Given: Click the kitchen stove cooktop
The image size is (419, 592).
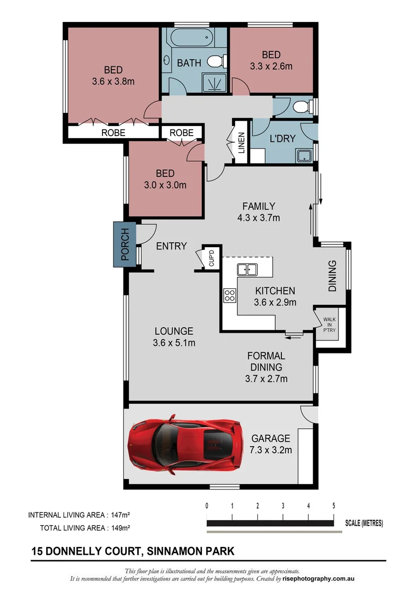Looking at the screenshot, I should (x=229, y=296).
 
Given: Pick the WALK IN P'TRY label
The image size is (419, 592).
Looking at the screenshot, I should (x=329, y=324).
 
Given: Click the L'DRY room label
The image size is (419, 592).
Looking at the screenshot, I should (x=282, y=139).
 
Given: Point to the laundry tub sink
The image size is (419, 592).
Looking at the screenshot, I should (x=304, y=156).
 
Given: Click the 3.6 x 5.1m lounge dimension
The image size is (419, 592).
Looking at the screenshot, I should (x=174, y=343).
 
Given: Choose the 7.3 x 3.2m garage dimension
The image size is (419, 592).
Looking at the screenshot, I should (x=270, y=450).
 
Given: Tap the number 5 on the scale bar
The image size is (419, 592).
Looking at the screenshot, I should (x=333, y=505).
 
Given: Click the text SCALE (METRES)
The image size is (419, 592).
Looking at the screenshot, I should (x=364, y=523).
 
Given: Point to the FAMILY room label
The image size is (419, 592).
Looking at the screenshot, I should (x=259, y=206).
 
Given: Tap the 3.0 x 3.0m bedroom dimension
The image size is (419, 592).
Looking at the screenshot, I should (x=165, y=185).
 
